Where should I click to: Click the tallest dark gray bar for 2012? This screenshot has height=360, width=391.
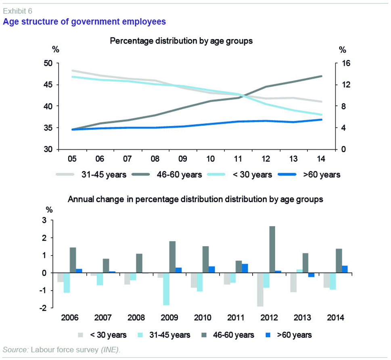272,249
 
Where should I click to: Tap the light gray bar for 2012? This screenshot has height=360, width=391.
259,290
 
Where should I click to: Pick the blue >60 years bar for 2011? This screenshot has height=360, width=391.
245,268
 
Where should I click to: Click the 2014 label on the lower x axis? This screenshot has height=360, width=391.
335,317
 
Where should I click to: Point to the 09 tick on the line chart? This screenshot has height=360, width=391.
182,159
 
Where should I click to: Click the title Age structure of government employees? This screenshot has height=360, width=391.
84,21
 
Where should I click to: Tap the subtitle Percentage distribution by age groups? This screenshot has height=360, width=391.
181,41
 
